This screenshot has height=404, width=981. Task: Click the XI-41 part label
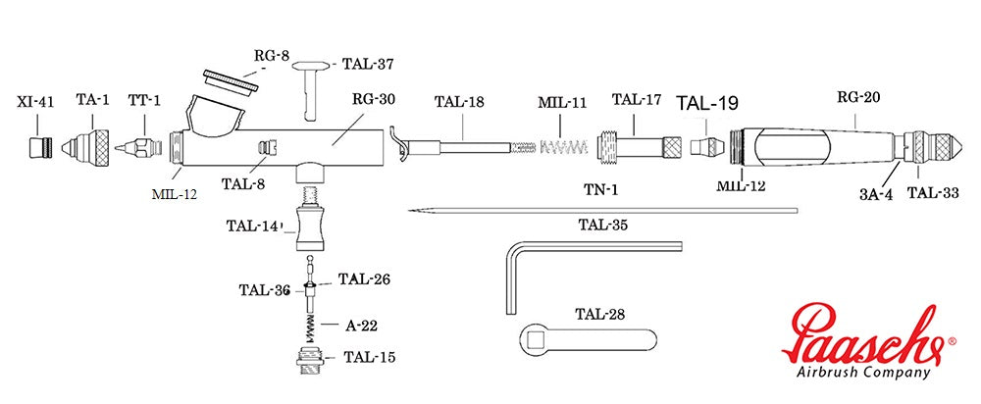35,102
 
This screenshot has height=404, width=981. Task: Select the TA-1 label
92,100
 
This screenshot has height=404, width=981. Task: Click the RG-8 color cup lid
231,82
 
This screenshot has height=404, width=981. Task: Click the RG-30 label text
374,99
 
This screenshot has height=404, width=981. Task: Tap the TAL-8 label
242,183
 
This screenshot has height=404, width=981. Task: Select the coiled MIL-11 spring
563,148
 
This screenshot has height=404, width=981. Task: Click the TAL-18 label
460,102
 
